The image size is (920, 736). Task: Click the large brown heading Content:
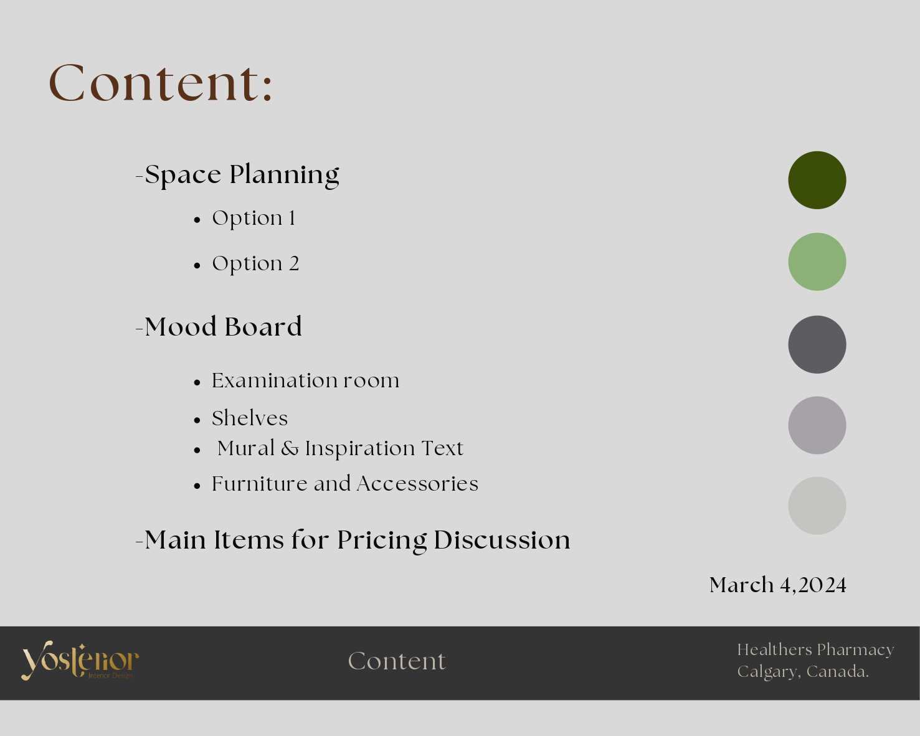tap(161, 83)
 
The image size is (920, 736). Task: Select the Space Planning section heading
tap(242, 175)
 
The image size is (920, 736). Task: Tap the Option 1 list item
tap(254, 218)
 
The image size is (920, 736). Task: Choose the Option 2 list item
tap(255, 264)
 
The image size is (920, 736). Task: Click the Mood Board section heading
tap(223, 327)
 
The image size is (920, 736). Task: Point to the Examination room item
tap(306, 380)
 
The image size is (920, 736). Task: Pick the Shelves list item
tap(250, 418)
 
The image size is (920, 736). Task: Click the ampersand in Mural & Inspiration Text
tap(290, 448)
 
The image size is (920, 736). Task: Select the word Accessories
tap(417, 484)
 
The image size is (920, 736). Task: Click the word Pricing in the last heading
tap(382, 541)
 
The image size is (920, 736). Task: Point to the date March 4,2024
tap(777, 585)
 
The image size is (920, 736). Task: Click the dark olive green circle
tap(817, 180)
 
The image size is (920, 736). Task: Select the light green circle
tap(817, 262)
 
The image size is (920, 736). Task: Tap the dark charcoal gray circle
tap(817, 344)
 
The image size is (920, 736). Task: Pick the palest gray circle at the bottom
tap(817, 506)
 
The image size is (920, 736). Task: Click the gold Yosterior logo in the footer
tap(80, 661)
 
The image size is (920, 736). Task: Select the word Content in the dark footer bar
tap(397, 661)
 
